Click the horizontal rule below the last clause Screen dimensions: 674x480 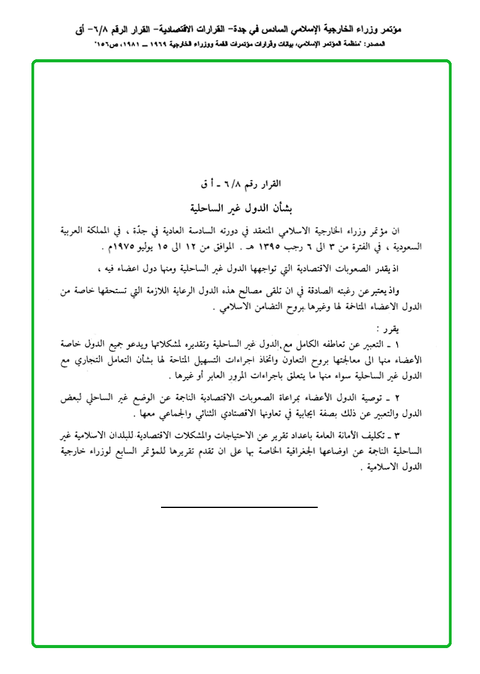[239, 507]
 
